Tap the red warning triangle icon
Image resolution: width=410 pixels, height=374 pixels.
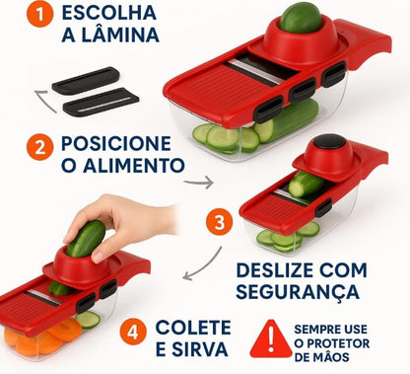(270, 337)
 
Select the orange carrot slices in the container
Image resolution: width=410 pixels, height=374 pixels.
(39, 340)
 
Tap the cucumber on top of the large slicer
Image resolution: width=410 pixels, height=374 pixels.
(302, 18)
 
